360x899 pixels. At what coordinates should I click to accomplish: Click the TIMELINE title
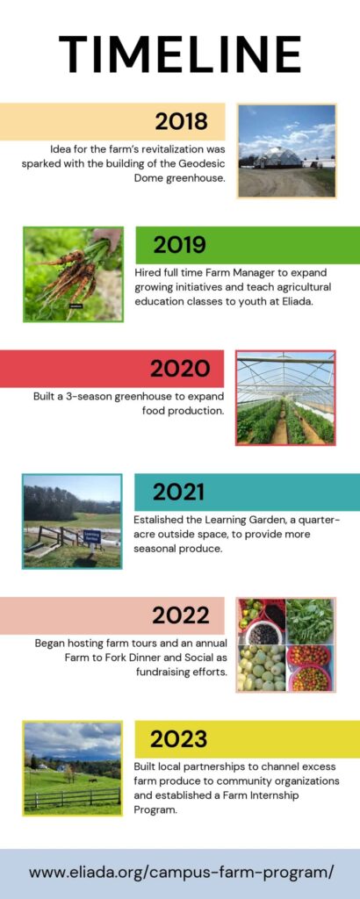180,54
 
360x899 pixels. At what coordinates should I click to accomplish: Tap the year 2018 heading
181,121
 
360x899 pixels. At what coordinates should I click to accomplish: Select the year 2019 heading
179,244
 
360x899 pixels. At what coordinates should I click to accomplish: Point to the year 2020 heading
179,368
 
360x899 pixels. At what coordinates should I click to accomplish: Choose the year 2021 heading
179,492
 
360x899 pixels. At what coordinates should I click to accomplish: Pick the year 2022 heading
180,615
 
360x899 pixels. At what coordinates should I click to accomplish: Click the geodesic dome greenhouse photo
286,150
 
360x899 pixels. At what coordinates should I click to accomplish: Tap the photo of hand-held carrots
73,274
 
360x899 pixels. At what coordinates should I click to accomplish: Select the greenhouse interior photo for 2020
285,398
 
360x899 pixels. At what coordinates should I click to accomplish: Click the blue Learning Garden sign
91,536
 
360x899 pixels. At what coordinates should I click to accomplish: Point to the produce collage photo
285,644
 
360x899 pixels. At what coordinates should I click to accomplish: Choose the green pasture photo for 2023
73,768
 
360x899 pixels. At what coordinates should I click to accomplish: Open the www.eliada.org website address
181,872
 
